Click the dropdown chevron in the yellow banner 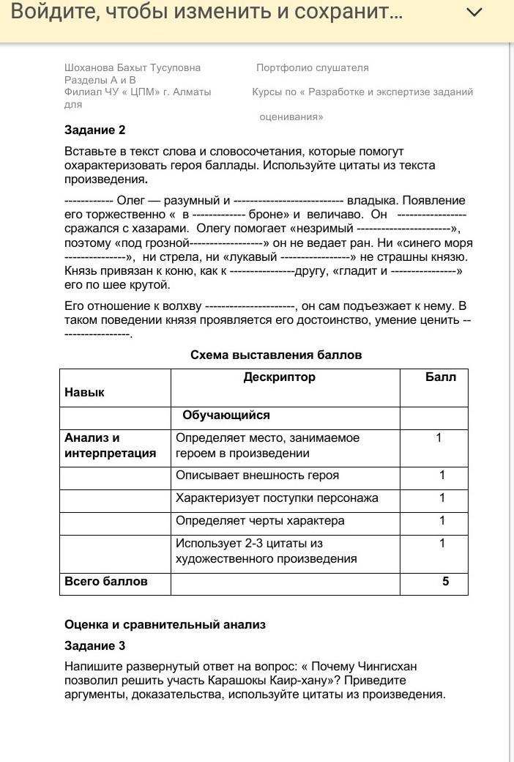474,12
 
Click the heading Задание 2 95,130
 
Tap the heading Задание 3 95,646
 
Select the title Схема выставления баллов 276,355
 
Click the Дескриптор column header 280,377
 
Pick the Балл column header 440,377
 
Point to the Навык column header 84,392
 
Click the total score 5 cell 445,582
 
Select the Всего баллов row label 106,582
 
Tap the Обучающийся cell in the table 226,415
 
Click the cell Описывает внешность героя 257,476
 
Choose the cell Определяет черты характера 260,521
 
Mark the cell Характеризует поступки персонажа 277,498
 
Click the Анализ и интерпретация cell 110,445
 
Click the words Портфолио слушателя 313,67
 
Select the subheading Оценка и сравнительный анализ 165,625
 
